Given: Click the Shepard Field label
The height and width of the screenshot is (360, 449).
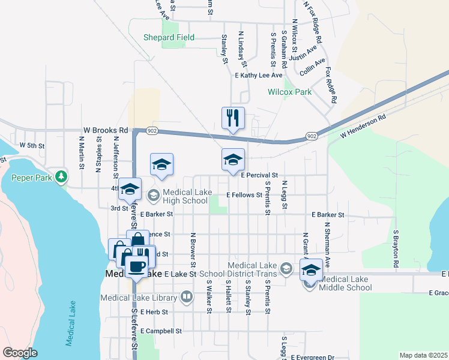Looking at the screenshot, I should [169, 37].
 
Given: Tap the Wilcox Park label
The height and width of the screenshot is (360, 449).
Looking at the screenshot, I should [289, 92].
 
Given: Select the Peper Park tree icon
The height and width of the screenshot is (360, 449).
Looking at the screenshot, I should [61, 176].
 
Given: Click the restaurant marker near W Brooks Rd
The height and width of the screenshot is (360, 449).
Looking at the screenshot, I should [233, 118].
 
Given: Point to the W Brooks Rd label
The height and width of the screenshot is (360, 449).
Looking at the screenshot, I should [106, 130].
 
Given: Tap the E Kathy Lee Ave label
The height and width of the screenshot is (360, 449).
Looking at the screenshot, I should [258, 76].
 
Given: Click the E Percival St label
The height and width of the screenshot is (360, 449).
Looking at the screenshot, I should [259, 175].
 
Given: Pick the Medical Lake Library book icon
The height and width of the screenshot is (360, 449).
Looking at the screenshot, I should [187, 297].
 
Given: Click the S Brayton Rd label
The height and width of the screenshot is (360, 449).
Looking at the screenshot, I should [396, 248].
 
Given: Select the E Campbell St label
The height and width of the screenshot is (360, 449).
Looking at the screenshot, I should [161, 331].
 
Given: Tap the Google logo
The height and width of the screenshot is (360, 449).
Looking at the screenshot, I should [20, 353].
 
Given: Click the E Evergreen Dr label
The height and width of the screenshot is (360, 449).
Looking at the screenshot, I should [312, 357].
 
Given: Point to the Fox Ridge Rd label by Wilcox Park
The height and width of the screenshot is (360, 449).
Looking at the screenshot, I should [331, 85].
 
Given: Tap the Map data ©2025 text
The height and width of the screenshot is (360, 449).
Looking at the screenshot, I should [423, 355].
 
